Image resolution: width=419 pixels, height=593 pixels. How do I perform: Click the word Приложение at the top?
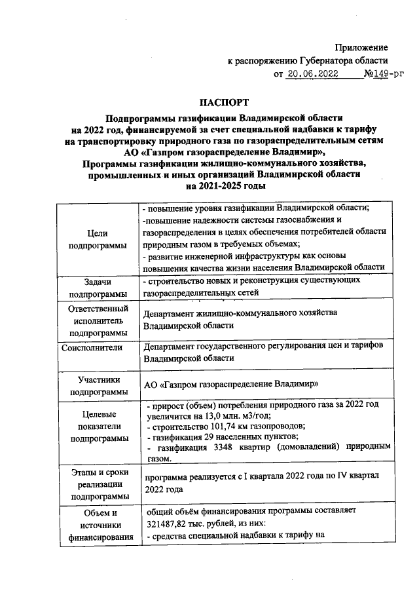(x=361, y=47)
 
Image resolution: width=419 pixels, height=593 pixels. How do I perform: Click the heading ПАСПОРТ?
(x=225, y=102)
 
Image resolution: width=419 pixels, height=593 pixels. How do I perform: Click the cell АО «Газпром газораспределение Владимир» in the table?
(x=231, y=383)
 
